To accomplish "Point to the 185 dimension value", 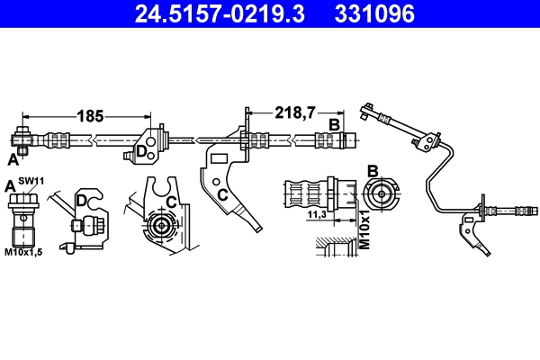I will click(89, 115).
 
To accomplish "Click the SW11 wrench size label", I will click(32, 182).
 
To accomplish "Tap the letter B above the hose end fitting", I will click(333, 124).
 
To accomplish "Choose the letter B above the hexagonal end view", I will click(373, 171).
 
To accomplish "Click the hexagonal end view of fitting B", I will click(380, 195).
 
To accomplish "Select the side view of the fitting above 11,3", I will click(310, 193).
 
